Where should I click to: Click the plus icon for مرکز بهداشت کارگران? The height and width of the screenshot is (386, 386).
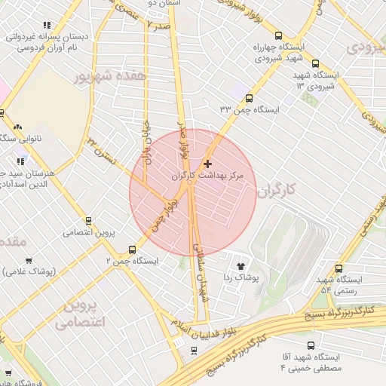tap(208, 164)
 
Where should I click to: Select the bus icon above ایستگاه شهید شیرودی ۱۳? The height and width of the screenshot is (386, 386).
tap(315, 65)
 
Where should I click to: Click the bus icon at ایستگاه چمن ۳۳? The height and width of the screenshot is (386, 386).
tap(249, 97)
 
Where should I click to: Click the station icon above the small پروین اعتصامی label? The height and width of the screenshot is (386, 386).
tap(88, 221)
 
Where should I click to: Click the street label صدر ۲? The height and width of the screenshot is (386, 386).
tap(158, 24)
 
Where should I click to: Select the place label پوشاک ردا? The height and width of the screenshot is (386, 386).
tap(241, 278)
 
